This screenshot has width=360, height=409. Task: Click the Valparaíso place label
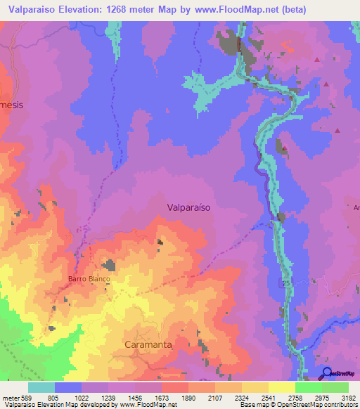tap(189, 207)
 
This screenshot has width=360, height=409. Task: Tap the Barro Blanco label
tap(89, 279)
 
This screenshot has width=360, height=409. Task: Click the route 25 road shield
tap(286, 283)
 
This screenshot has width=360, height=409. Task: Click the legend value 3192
tap(349, 397)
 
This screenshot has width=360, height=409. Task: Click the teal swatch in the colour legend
tap(41, 387)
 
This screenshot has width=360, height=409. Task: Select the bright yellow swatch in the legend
tap(281, 387)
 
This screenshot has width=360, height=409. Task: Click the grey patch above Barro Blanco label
tap(109, 265)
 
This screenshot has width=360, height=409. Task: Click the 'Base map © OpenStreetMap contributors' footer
tap(298, 405)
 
